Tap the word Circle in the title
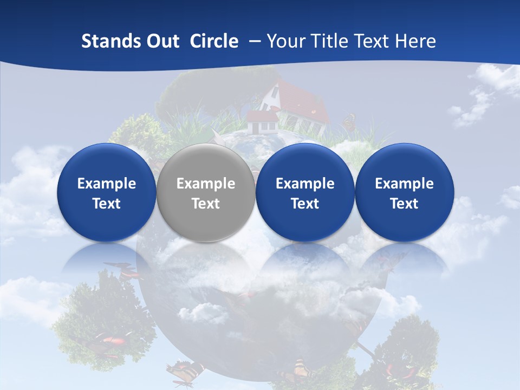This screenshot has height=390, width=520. (x=214, y=41)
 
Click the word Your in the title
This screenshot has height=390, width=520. (x=287, y=41)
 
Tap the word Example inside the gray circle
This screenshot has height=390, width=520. (x=206, y=184)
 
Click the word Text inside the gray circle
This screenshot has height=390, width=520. (x=206, y=204)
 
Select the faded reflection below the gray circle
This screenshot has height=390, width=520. (x=206, y=265)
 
